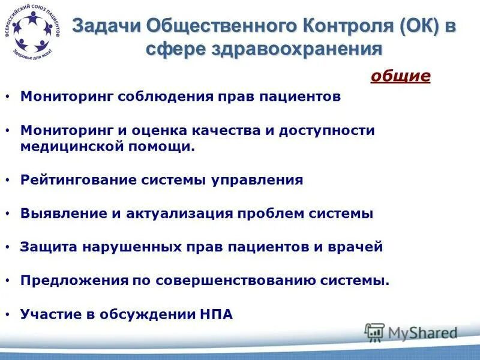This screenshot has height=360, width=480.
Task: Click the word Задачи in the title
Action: click(105, 26)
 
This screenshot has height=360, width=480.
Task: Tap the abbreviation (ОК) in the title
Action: click(412, 26)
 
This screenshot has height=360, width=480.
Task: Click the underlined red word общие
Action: click(401, 76)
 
